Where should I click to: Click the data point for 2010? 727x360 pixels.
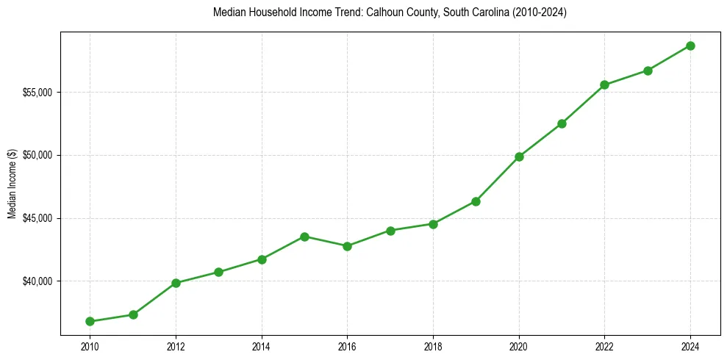coord(90,321)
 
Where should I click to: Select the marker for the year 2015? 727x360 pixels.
coord(304,237)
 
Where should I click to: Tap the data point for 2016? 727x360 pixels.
coord(347,246)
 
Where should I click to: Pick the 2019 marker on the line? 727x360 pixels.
coord(476,201)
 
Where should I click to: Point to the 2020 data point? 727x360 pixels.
coord(519,156)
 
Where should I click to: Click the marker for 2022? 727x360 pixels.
coord(604,84)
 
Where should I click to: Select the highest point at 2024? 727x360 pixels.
coord(690,46)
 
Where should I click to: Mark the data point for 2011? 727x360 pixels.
coord(133,314)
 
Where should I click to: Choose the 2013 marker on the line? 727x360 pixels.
coord(218,272)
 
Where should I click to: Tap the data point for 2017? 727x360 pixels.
coord(390,231)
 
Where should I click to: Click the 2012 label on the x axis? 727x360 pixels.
coord(176,345)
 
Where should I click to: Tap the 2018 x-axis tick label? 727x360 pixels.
coord(433,345)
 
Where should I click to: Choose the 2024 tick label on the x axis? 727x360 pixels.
coord(690,345)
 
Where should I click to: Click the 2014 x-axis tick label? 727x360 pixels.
coord(262,345)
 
